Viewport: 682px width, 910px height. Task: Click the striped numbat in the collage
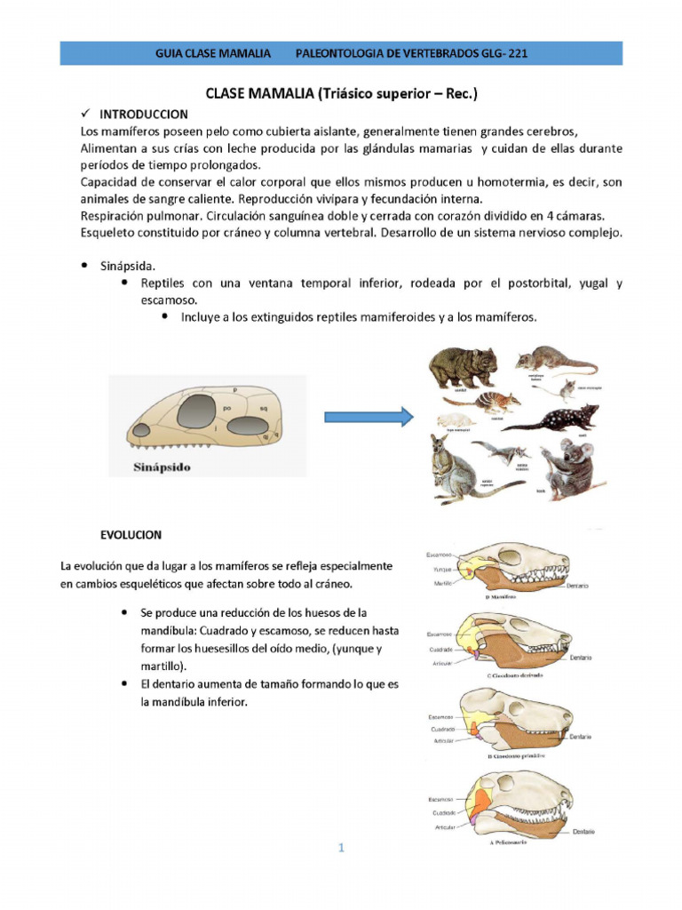point(494,402)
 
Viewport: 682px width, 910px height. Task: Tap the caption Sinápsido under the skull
point(154,466)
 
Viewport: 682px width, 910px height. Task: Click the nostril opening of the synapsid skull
point(141,431)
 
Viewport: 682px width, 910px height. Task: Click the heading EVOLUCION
point(131,535)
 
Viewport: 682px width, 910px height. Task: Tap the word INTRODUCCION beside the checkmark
point(143,114)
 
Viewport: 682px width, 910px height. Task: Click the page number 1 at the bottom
point(340,848)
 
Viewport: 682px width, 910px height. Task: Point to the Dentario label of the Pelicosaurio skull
point(583,832)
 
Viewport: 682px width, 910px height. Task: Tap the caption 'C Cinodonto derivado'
point(515,676)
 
